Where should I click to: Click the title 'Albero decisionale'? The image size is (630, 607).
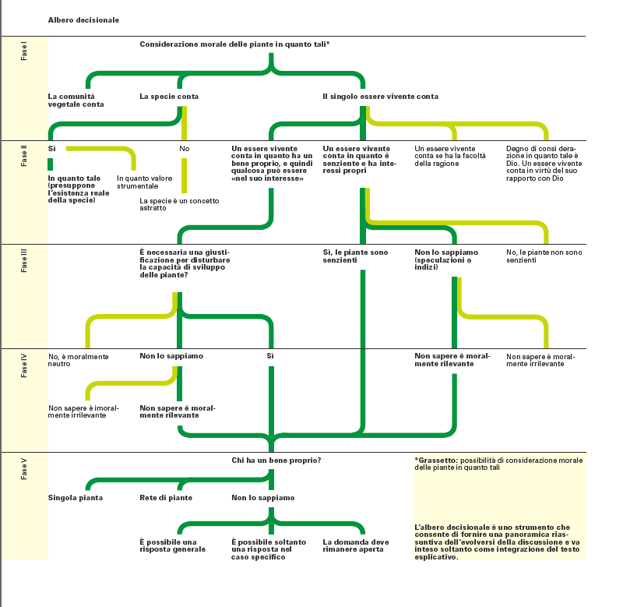83,20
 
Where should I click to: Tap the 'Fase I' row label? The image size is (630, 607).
24,52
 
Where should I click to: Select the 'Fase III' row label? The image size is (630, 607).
24,260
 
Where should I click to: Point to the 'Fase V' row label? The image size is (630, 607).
24,469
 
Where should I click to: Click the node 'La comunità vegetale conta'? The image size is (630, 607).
76,100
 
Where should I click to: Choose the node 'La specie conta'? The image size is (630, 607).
169,97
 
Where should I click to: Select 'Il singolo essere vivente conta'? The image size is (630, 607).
381,97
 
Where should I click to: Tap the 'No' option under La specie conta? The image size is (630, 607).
185,149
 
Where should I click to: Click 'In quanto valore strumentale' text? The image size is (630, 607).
145,182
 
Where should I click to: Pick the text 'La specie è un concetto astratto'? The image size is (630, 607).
179,204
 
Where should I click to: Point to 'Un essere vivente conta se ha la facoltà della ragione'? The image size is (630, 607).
450,156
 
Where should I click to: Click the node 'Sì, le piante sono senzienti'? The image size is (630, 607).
356,256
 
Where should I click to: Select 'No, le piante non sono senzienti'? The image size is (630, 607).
544,256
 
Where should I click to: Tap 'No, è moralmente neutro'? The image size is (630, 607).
79,360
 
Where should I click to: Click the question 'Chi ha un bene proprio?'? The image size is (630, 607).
276,461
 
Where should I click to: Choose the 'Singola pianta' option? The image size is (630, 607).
76,498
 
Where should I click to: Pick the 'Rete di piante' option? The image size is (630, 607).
166,498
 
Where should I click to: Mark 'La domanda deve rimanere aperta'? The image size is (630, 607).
356,545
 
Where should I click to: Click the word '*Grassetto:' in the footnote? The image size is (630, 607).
436,461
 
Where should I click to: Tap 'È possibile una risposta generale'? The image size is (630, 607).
172,545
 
